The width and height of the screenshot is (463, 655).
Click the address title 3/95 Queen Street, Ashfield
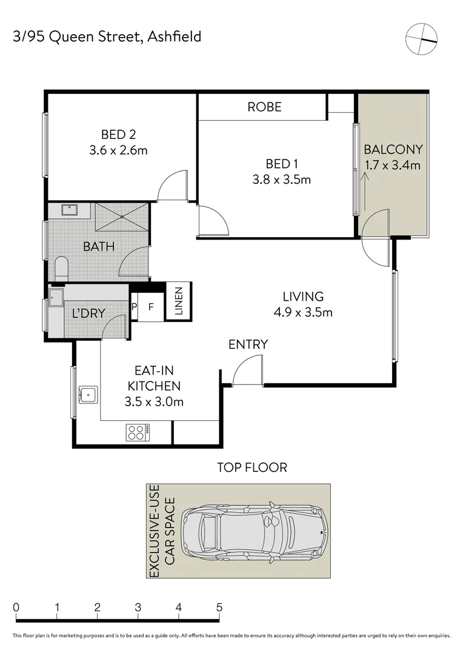coord(107,37)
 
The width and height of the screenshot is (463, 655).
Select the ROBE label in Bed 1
coord(264,107)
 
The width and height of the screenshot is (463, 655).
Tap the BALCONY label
coord(393,149)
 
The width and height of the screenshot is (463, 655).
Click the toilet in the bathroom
coord(61,268)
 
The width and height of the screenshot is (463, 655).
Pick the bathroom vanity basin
coord(68,211)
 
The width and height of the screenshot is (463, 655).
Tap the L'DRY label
coord(88,314)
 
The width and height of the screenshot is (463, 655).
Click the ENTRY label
coord(248,344)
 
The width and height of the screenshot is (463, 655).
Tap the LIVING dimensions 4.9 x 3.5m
coord(303,313)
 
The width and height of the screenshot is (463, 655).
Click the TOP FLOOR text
coord(252,467)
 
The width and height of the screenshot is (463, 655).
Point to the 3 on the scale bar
coord(138,608)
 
